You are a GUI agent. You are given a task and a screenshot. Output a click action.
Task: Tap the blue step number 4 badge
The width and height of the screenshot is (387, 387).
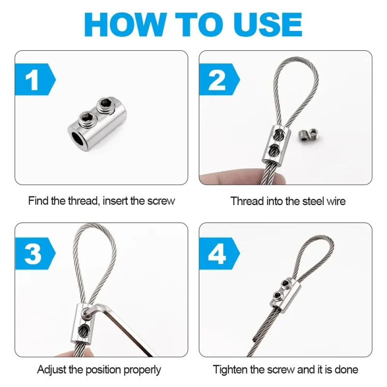217,253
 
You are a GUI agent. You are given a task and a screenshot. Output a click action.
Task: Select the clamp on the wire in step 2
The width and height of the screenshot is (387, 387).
275,144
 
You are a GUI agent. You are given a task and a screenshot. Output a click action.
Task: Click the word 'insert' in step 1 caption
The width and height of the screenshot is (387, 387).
116,201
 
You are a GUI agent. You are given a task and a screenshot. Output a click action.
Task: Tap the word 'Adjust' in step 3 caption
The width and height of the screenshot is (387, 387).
52,370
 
